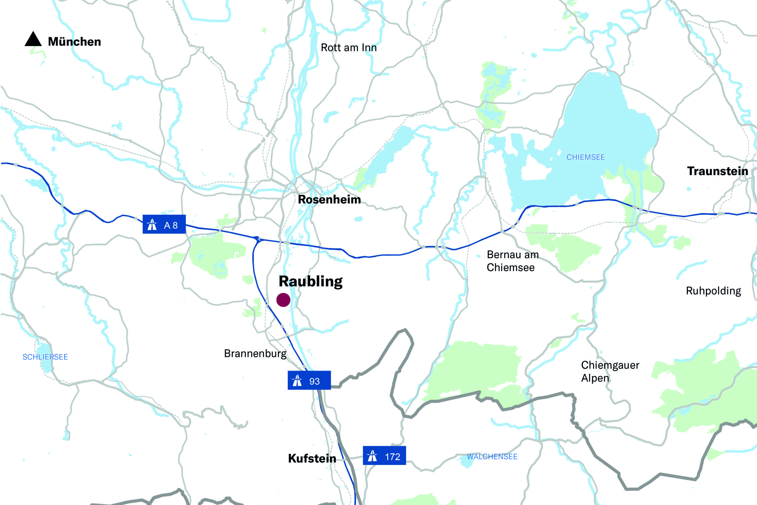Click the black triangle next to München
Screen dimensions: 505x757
click(33, 40)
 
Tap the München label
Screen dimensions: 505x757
click(74, 42)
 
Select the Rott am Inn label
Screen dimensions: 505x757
click(349, 48)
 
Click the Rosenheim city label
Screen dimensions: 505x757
click(329, 199)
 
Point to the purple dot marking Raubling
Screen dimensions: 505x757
click(283, 300)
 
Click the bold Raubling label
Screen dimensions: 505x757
click(311, 281)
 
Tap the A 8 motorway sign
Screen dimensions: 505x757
click(164, 224)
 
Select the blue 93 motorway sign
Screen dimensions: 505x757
click(309, 380)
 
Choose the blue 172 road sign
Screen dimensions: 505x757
click(384, 455)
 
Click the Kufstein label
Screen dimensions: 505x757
click(312, 458)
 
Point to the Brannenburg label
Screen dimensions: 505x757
click(255, 354)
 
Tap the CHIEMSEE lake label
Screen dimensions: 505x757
click(585, 157)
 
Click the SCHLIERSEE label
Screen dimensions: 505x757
click(45, 357)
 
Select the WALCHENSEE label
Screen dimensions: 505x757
click(492, 457)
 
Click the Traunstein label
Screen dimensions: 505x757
click(717, 171)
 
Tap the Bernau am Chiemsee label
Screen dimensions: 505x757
click(512, 261)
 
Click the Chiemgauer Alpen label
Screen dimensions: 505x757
click(610, 371)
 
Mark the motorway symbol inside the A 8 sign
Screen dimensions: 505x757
click(152, 224)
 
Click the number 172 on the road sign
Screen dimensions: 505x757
click(392, 457)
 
